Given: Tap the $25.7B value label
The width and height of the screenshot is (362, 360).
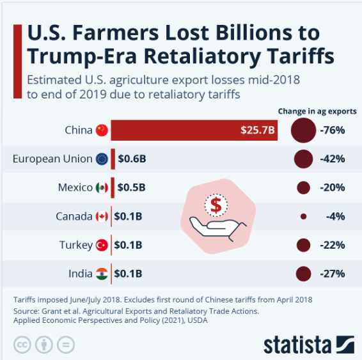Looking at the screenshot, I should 258,130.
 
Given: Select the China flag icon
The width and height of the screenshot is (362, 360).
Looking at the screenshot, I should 102,130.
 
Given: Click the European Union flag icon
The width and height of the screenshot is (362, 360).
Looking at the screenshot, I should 102,159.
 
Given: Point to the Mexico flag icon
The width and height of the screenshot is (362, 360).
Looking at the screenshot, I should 102,188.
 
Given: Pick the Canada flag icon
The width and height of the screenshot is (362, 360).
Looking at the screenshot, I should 102,217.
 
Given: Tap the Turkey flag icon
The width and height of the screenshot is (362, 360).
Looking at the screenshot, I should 102,245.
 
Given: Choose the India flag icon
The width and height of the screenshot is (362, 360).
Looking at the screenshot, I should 102,274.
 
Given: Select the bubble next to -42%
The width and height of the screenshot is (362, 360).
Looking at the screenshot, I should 303,159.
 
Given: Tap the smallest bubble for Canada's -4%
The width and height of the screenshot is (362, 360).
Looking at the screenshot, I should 303,217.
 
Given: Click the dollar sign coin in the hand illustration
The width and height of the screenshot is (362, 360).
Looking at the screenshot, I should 216,205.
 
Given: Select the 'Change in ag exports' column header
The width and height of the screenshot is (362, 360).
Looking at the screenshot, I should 317,111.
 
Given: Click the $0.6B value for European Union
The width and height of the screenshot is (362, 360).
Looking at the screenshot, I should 132,159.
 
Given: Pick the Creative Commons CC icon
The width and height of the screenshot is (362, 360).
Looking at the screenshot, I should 22,343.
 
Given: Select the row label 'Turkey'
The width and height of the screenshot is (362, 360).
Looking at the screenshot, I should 75,245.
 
